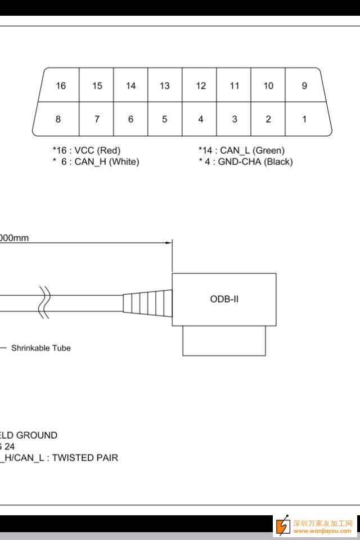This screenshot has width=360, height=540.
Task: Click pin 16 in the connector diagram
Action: [x=61, y=85]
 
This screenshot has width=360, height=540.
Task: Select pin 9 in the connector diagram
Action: [x=304, y=85]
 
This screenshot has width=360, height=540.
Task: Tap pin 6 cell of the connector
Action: [x=130, y=119]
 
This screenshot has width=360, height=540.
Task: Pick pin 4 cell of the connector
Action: [x=201, y=119]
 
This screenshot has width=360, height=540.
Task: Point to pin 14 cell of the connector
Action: [x=130, y=85]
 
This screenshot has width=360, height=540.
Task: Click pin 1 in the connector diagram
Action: [x=304, y=119]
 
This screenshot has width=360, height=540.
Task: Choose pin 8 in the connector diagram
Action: [x=58, y=119]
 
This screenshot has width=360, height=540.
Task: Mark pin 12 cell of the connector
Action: [x=201, y=85]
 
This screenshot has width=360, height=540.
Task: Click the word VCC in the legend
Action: [x=84, y=151]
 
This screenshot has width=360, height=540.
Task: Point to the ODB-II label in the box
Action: [x=224, y=299]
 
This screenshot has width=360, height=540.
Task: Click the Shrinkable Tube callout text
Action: [x=41, y=348]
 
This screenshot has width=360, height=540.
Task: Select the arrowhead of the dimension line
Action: [x=168, y=243]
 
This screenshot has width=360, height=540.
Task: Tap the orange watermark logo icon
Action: [x=282, y=526]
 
